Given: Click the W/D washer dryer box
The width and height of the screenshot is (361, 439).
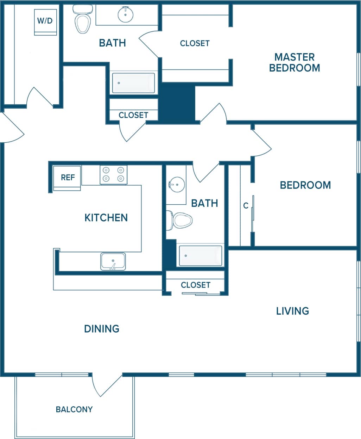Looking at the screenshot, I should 45,22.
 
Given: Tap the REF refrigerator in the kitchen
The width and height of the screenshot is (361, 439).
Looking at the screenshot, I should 67,178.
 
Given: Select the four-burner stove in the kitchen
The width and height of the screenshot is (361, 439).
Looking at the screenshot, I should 113,175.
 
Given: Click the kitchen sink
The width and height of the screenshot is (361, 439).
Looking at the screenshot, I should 113,261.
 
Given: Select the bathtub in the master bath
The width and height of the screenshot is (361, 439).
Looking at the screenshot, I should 133,83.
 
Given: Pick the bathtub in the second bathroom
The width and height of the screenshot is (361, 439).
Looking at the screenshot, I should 201,255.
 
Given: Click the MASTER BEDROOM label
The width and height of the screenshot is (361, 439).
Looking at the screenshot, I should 294,62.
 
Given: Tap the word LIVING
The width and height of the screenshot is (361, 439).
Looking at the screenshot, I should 292,311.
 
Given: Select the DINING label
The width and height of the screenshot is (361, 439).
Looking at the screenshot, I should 102,329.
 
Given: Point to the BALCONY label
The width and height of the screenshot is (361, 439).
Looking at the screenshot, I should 74,409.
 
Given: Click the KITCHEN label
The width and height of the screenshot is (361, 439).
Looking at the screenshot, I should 106,218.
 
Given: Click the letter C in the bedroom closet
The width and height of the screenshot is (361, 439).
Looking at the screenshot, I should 246,206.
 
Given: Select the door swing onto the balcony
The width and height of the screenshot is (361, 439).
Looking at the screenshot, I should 106,386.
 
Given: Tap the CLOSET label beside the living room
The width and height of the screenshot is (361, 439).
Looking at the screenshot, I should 196,285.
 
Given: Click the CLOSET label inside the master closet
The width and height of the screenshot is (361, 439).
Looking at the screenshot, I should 195,43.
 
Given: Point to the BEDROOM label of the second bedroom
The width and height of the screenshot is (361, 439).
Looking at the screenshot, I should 305,185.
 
